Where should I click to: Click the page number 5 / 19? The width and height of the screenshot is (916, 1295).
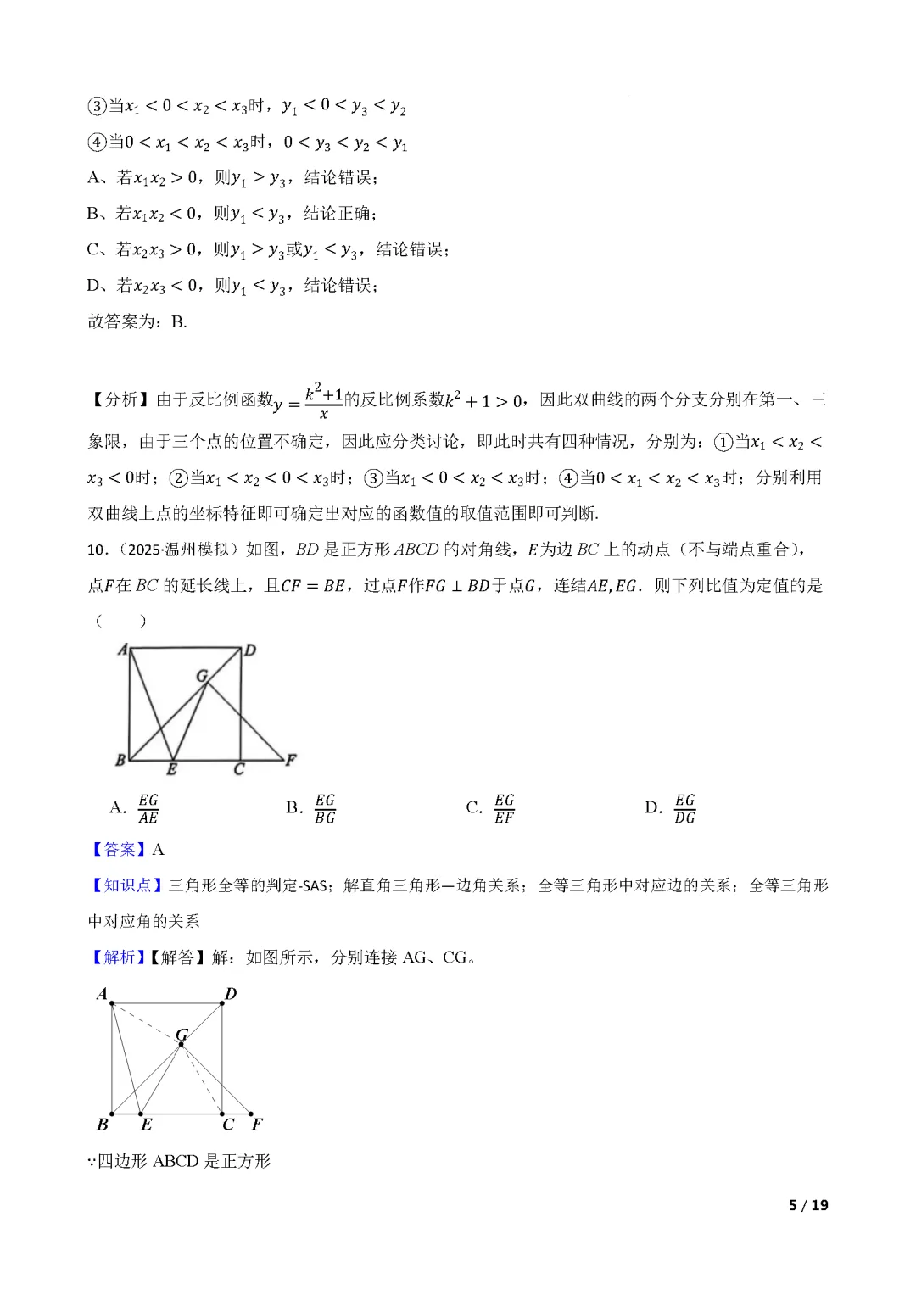[808, 1205]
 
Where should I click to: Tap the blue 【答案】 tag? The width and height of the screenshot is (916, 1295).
[119, 850]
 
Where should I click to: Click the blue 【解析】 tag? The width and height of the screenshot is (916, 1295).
[118, 957]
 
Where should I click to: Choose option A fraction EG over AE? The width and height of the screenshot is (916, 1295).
[148, 809]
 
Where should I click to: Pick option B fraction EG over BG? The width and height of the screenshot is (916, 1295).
[325, 809]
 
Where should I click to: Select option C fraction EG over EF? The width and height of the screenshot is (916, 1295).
[504, 809]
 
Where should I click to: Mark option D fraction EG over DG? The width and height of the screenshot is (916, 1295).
[684, 809]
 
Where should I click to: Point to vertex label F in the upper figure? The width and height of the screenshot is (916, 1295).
[291, 759]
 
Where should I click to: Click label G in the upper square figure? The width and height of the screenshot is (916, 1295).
[202, 676]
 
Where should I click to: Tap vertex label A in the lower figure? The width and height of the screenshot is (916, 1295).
[102, 994]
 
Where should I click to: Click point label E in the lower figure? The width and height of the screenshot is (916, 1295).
[147, 1125]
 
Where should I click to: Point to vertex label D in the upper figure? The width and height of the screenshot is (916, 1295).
[250, 650]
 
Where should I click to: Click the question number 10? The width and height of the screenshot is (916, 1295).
[98, 550]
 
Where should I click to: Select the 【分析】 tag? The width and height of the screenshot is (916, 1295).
[119, 400]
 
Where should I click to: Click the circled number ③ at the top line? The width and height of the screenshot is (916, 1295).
[97, 106]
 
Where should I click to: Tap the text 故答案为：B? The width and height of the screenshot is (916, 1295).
[137, 321]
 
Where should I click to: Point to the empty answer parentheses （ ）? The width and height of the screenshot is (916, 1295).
[120, 621]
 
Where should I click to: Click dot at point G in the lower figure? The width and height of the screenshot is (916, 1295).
[181, 1044]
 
